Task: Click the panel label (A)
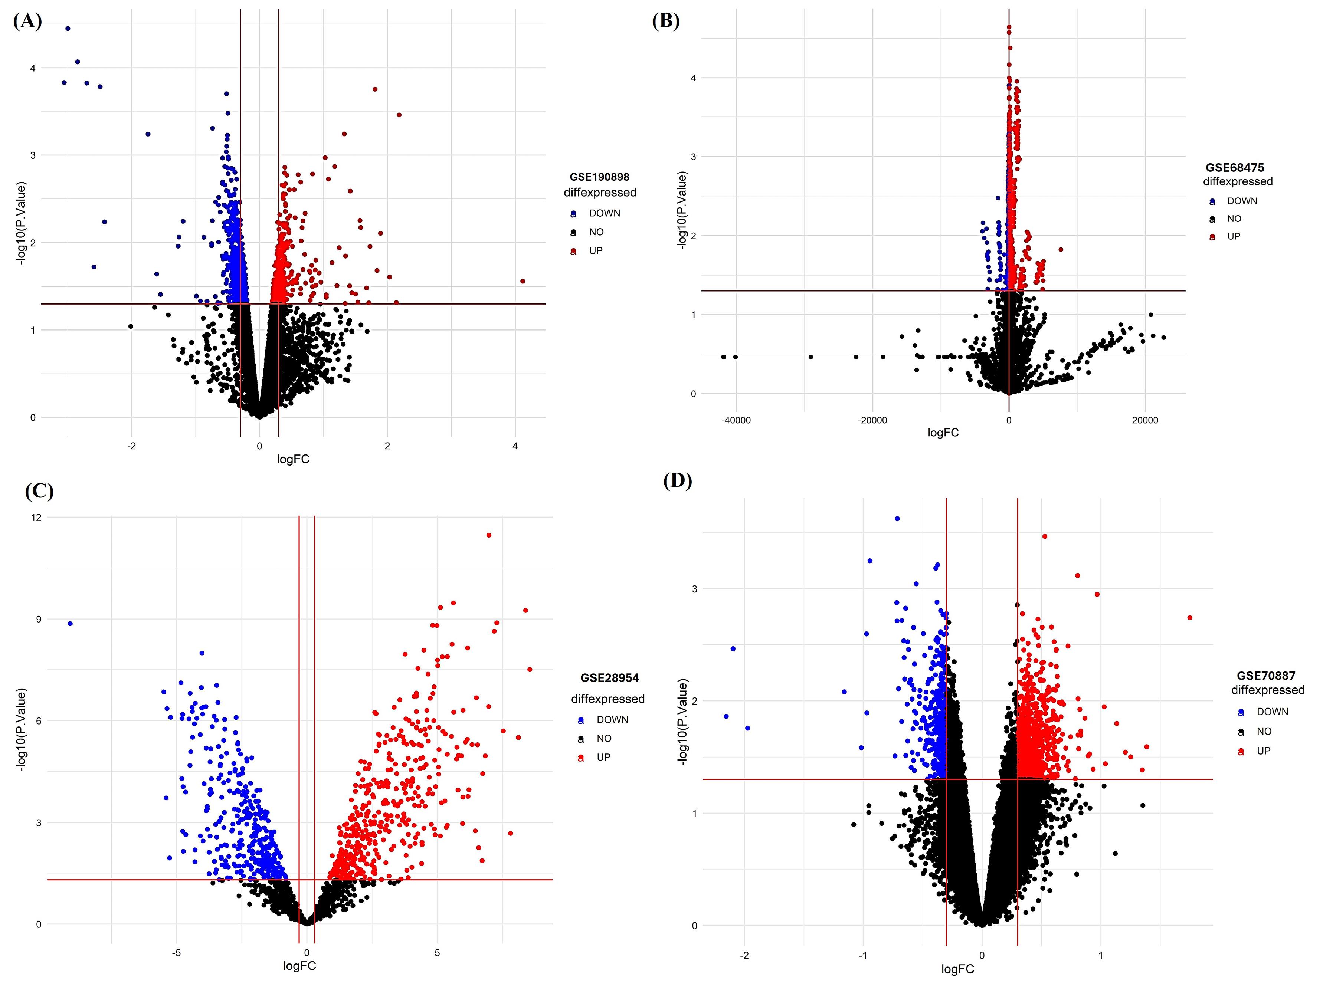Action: tap(27, 22)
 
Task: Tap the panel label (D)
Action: tap(677, 480)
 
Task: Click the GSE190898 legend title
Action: tap(599, 177)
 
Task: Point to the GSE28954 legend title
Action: tap(609, 678)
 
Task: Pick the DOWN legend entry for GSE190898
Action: tap(604, 213)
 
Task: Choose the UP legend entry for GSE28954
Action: tap(603, 757)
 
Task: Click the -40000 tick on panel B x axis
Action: tap(736, 420)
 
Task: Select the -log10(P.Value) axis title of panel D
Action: tap(682, 722)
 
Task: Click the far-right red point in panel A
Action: tap(523, 281)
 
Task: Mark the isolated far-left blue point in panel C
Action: tap(70, 624)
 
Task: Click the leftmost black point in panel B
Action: tap(723, 357)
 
